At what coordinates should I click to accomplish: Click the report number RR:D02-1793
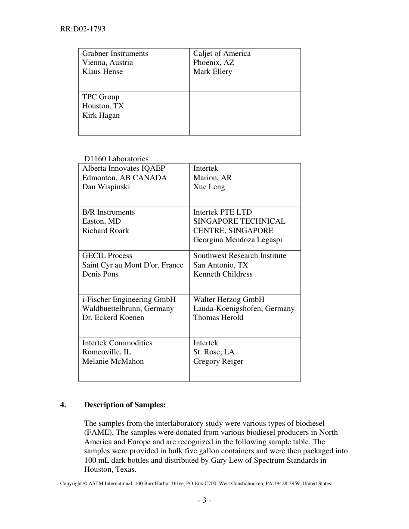coord(83,29)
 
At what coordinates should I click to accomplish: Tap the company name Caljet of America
coord(222,53)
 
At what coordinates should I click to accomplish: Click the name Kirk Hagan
coord(101,115)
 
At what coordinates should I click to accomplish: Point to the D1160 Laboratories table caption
coord(116,159)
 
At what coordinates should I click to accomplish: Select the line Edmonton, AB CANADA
coord(124,178)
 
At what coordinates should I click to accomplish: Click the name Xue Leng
coord(209,187)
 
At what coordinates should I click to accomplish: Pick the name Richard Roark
coord(105,231)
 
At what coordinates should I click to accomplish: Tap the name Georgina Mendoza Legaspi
coord(238,240)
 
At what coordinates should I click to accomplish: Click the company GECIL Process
coord(107,255)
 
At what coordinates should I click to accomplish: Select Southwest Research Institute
coord(239,255)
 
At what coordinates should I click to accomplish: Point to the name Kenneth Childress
coord(223,274)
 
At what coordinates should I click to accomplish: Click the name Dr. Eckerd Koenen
coord(113,317)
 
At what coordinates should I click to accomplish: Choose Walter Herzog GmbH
coord(229,299)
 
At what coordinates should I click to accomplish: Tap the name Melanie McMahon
coord(113,361)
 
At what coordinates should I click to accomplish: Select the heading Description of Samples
coord(124,405)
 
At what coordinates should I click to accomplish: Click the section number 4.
coord(63,405)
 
